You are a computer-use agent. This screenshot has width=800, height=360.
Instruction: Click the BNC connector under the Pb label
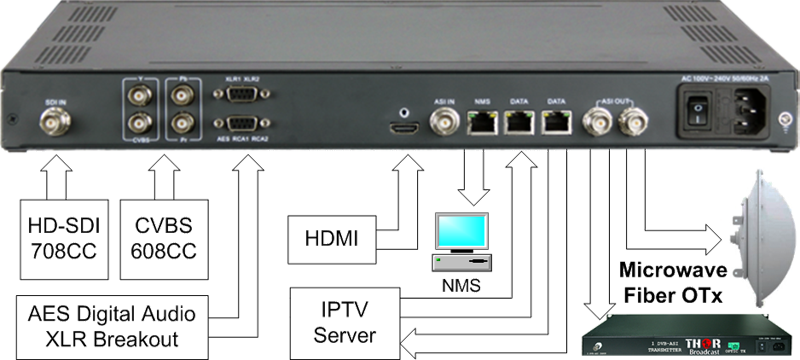pyautogui.click(x=182, y=98)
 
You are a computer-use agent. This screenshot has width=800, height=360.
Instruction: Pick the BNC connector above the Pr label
pyautogui.click(x=182, y=126)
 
